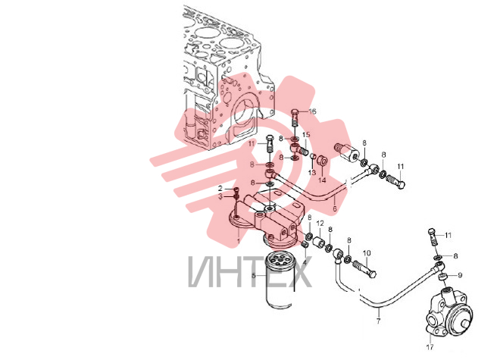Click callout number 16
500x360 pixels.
(x=312, y=111)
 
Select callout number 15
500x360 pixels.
(x=306, y=135)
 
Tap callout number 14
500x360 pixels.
(x=322, y=180)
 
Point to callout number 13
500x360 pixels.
(x=312, y=173)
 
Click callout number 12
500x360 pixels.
(x=320, y=224)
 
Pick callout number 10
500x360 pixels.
(x=367, y=253)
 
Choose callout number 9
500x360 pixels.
(x=460, y=275)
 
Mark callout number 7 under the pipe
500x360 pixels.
(x=378, y=321)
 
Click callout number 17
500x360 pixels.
(x=430, y=347)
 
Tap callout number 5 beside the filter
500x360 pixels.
(x=254, y=275)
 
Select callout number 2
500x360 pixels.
(x=220, y=189)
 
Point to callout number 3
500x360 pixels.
(x=220, y=196)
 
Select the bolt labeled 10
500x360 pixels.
(x=365, y=269)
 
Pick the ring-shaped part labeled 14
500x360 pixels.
(x=322, y=161)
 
